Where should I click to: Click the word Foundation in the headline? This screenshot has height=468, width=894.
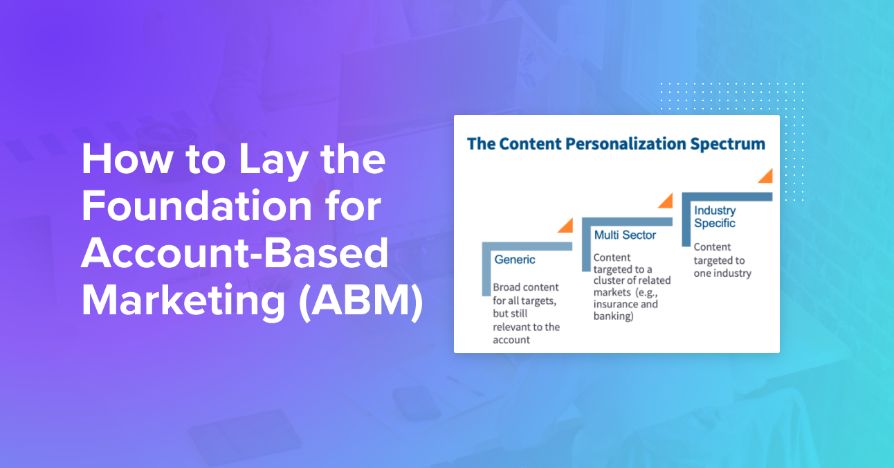(197, 206)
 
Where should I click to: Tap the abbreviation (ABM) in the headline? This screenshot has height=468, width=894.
(361, 300)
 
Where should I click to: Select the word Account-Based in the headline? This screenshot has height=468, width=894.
(235, 253)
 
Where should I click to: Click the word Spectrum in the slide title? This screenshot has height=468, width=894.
(727, 145)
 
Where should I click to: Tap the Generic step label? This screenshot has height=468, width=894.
(514, 260)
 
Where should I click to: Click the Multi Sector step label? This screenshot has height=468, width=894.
(625, 235)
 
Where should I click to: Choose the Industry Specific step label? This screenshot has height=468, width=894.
(715, 217)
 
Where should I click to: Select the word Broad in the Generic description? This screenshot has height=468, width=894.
(506, 287)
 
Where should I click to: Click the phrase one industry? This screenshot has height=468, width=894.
(722, 273)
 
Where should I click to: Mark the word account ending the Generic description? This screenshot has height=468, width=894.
(511, 340)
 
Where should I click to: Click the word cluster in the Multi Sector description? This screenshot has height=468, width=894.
(608, 280)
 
